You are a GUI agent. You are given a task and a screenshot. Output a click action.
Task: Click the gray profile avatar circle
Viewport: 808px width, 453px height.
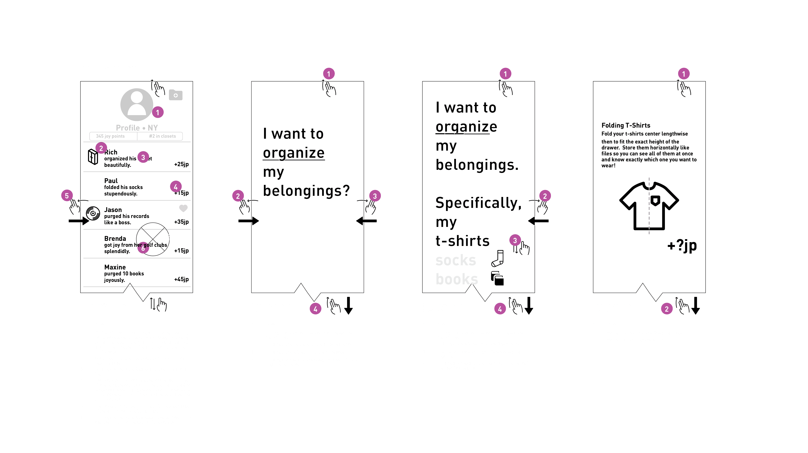(x=136, y=104)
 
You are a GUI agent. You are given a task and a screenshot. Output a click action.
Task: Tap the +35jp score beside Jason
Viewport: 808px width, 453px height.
(x=181, y=222)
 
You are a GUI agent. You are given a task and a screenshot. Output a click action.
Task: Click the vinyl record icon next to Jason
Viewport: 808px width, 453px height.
(x=93, y=213)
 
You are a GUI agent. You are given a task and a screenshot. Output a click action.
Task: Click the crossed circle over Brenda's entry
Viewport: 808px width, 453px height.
(x=153, y=239)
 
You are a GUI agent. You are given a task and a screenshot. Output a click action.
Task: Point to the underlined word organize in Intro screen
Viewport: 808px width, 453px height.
(x=294, y=153)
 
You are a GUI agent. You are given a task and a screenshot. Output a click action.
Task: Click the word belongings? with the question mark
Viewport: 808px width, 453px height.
(x=306, y=191)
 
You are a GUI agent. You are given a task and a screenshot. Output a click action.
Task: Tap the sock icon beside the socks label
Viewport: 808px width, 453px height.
(x=498, y=258)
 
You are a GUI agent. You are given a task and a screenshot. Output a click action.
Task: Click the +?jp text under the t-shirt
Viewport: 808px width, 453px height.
(x=682, y=246)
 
